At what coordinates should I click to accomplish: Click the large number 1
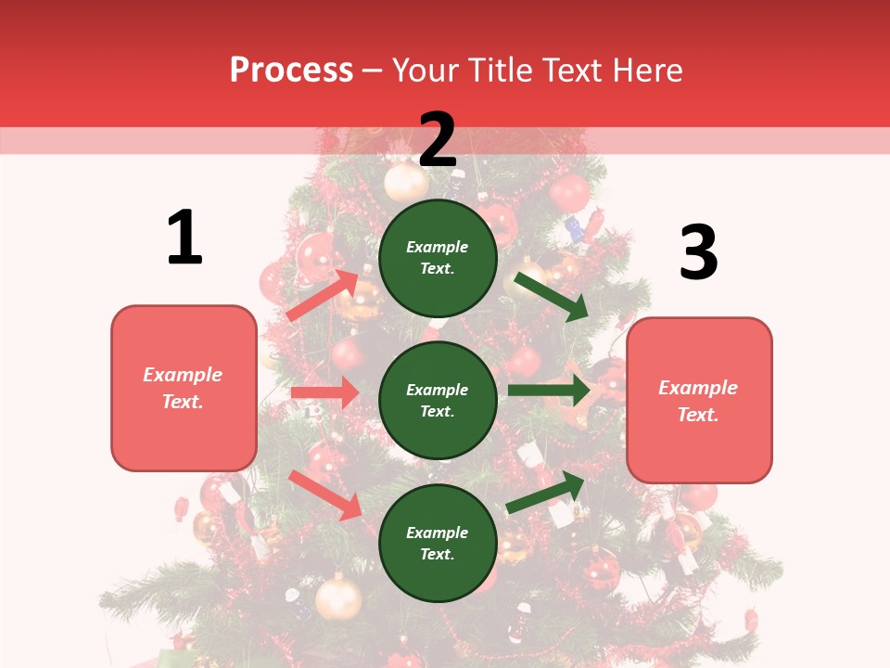[x=184, y=238]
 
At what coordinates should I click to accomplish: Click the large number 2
[x=438, y=140]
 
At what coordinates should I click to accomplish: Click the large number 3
[x=698, y=252]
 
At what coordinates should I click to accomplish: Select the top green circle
[x=438, y=258]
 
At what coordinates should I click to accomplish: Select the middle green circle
[x=438, y=400]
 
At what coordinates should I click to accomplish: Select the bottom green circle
[x=438, y=543]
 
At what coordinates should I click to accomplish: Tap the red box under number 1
[x=184, y=388]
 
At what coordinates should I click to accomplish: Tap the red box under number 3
[x=699, y=400]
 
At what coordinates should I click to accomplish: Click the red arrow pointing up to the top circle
[x=323, y=295]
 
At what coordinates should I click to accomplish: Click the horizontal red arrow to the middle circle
[x=324, y=392]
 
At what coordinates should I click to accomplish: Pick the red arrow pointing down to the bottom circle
[x=325, y=495]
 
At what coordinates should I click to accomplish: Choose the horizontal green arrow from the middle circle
[x=549, y=391]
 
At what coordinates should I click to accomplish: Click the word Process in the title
[x=291, y=70]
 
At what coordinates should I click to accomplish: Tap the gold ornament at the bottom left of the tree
[x=338, y=598]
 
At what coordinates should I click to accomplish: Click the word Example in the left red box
[x=183, y=375]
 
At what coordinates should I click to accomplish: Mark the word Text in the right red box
[x=697, y=415]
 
